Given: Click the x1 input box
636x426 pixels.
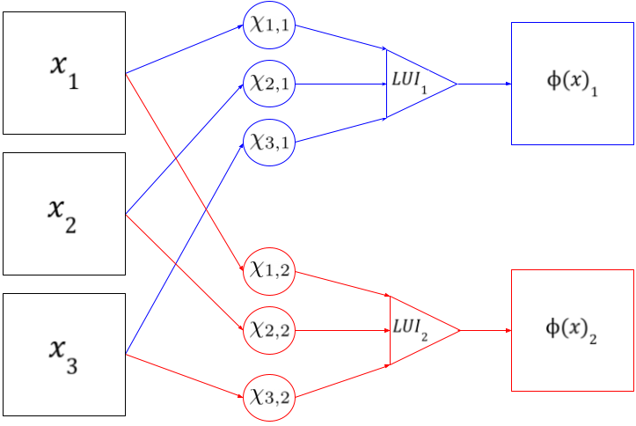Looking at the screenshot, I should [64, 73].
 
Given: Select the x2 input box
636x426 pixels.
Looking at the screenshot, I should [64, 214].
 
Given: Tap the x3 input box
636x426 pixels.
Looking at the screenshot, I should [64, 355].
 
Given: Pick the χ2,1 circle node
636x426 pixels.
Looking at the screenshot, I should [268, 84].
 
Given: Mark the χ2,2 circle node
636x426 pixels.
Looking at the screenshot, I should [268, 330].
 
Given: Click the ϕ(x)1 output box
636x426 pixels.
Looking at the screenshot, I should [573, 84].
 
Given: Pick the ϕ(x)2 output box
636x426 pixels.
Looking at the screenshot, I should [573, 330].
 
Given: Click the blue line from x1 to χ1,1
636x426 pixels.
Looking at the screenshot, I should [185, 49].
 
